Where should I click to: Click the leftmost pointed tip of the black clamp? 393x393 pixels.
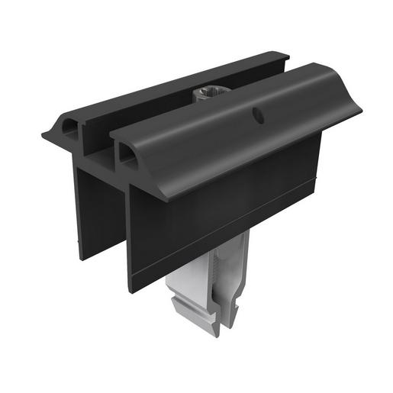click(43, 135)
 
